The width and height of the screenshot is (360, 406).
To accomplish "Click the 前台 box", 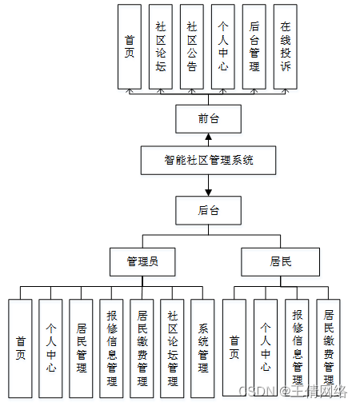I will [209, 119].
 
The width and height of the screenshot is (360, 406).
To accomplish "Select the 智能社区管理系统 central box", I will [209, 160].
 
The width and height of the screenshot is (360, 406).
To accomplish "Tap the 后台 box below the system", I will [209, 211].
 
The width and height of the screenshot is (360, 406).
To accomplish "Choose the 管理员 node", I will [142, 261].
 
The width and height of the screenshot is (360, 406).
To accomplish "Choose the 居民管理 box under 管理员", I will [82, 348].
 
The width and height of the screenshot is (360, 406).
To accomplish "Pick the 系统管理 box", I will [203, 348].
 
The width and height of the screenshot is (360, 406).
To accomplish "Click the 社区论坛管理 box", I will [173, 348].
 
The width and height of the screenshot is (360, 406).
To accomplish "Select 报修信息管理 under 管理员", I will [112, 348].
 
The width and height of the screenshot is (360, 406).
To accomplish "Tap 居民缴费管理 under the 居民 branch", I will [328, 348].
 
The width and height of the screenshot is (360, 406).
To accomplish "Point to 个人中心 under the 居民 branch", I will [266, 348].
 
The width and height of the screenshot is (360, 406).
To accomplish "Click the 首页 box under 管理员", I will [21, 348].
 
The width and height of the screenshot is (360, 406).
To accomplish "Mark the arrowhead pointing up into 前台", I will [209, 137].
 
